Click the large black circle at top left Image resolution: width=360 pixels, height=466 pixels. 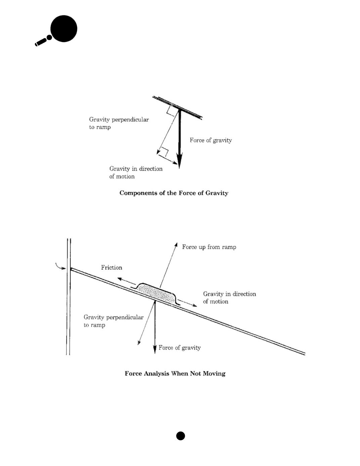click(64, 29)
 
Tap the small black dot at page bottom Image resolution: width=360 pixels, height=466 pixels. click(181, 436)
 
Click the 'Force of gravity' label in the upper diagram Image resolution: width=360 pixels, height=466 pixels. click(211, 140)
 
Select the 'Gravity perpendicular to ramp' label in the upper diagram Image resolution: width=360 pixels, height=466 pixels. click(119, 123)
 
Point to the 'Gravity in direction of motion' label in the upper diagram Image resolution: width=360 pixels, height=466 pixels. click(136, 172)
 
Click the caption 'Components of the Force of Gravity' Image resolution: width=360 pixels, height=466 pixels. click(174, 193)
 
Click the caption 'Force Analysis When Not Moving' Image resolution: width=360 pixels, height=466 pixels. click(175, 374)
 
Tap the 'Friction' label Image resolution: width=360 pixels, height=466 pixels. click(112, 268)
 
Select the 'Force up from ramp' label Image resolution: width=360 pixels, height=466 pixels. click(209, 247)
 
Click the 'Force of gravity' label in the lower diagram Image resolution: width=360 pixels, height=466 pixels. click(179, 348)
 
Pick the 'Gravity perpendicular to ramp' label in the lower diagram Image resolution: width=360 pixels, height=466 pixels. click(113, 321)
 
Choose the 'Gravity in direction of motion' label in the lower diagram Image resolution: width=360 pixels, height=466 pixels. click(229, 298)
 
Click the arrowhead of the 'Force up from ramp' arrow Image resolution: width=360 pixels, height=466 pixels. click(176, 244)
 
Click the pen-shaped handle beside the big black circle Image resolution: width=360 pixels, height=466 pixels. click(42, 42)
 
